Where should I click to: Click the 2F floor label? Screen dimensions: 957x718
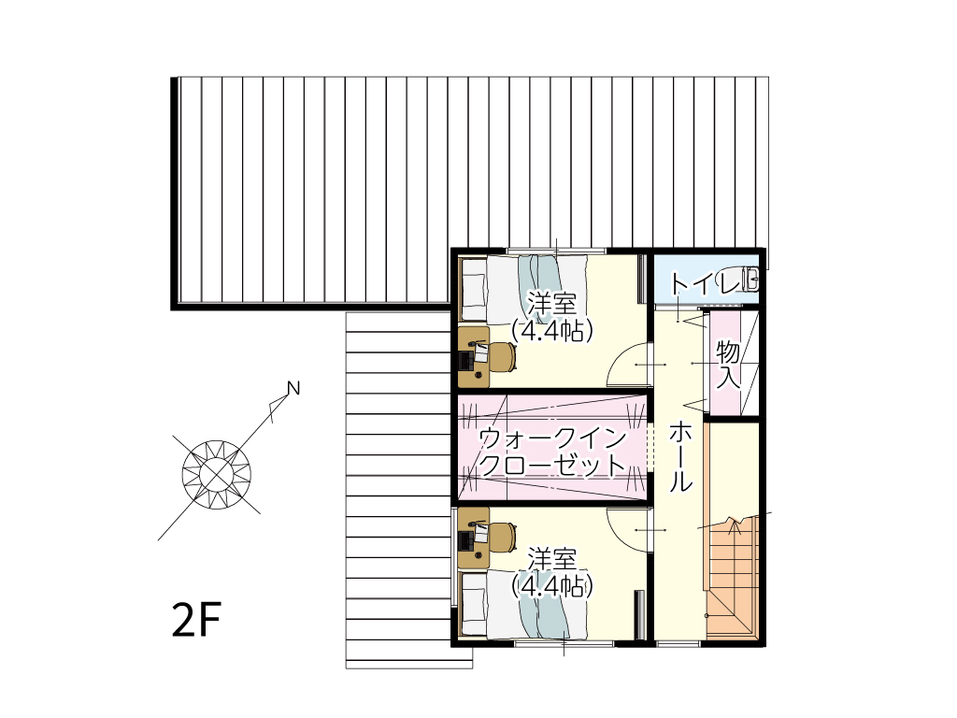[196, 619]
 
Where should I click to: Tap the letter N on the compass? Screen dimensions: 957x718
[293, 388]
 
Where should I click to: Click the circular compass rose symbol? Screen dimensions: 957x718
[217, 474]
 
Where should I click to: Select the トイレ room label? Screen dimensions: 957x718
[707, 284]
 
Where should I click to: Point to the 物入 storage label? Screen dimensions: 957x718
[728, 365]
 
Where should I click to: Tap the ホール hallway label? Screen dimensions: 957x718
[681, 456]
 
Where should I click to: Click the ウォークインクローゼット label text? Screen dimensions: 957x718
[553, 452]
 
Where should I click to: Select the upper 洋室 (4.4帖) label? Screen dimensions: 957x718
[552, 317]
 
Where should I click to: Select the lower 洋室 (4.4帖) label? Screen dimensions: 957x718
[552, 573]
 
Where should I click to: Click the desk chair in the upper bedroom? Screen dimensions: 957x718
[503, 356]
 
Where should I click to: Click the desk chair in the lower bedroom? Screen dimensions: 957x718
[503, 538]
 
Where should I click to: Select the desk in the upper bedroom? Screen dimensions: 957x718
[474, 356]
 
